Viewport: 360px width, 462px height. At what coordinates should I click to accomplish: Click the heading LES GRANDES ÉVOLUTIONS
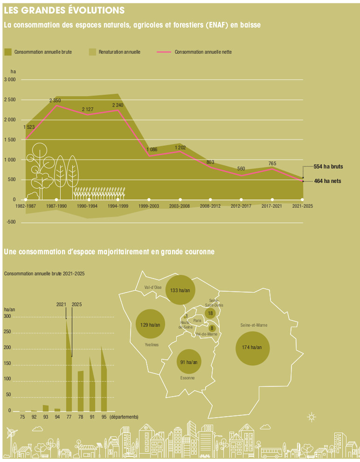click(x=64, y=10)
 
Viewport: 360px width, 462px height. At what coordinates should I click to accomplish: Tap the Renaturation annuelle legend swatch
click(x=92, y=52)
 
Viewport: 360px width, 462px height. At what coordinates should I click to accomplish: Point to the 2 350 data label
click(x=55, y=100)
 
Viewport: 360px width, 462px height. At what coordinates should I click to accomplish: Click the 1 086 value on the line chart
click(x=152, y=149)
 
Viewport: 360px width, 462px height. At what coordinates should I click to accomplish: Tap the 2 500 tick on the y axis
click(x=9, y=100)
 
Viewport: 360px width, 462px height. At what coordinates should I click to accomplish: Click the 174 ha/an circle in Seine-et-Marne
click(x=253, y=348)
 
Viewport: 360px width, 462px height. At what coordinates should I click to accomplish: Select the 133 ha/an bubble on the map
click(x=180, y=290)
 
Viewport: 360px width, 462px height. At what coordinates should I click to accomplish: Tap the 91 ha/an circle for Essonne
click(x=188, y=362)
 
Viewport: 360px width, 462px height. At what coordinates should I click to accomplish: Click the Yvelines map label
click(x=152, y=344)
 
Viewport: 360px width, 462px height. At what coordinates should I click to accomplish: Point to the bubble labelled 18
click(x=211, y=313)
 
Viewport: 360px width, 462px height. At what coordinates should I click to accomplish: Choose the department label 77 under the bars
click(x=69, y=417)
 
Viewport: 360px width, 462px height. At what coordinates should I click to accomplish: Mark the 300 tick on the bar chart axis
click(x=7, y=317)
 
